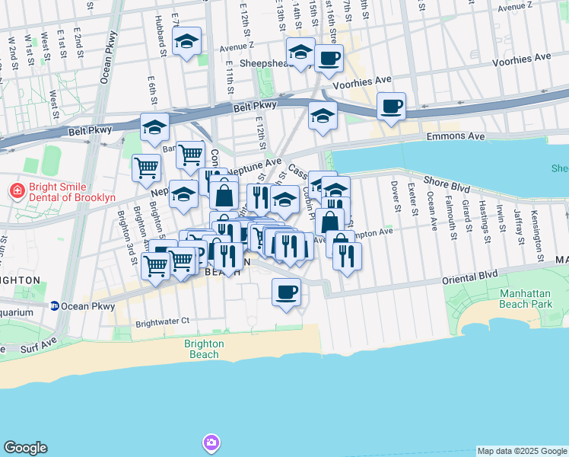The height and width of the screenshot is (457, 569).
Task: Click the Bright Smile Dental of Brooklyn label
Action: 73,192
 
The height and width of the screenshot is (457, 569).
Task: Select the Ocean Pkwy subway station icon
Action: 55,306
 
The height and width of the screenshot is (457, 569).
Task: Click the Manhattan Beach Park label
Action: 534,299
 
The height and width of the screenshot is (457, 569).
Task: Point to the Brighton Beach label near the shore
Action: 204,349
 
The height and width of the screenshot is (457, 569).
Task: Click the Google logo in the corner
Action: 25,448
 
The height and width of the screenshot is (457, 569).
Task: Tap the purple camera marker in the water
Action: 211,443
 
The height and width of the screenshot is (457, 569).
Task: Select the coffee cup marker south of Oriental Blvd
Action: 286,292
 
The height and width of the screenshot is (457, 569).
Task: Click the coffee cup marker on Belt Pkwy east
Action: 391,107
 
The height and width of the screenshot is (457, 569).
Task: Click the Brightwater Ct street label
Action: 162,323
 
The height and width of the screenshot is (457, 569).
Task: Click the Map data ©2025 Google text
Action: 521,451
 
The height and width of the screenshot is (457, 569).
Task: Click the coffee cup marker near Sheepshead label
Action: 329,59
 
